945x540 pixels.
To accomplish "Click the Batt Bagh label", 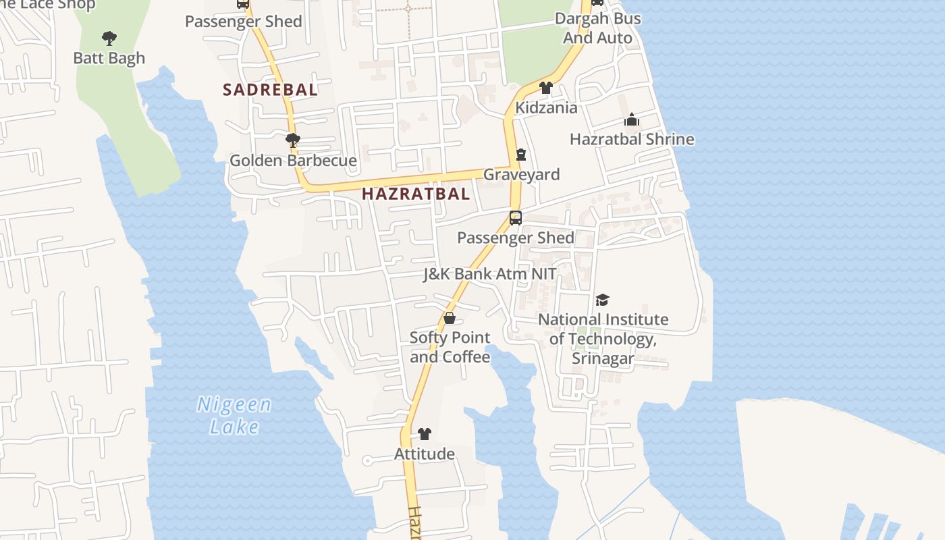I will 109,58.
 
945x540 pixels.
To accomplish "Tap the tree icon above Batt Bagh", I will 109,38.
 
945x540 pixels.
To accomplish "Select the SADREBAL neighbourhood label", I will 270,90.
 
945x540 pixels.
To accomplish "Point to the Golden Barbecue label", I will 293,161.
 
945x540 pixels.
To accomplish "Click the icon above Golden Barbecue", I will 293,140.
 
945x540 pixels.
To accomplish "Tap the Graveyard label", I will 521,175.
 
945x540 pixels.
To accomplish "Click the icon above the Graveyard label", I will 521,155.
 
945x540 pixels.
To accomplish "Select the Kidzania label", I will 546,108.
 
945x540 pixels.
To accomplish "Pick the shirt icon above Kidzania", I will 546,88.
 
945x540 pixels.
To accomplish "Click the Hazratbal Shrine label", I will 632,140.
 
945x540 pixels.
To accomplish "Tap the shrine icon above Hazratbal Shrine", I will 632,120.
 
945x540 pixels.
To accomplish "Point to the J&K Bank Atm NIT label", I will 490,274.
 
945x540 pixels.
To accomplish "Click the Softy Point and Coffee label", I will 450,347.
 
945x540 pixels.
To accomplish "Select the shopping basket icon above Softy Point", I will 450,318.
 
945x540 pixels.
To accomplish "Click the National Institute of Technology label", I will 603,339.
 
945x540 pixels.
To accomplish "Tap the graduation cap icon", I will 602,300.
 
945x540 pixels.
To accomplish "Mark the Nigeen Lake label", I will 234,416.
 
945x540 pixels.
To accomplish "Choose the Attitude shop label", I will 425,454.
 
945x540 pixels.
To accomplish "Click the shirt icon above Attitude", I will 425,434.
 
